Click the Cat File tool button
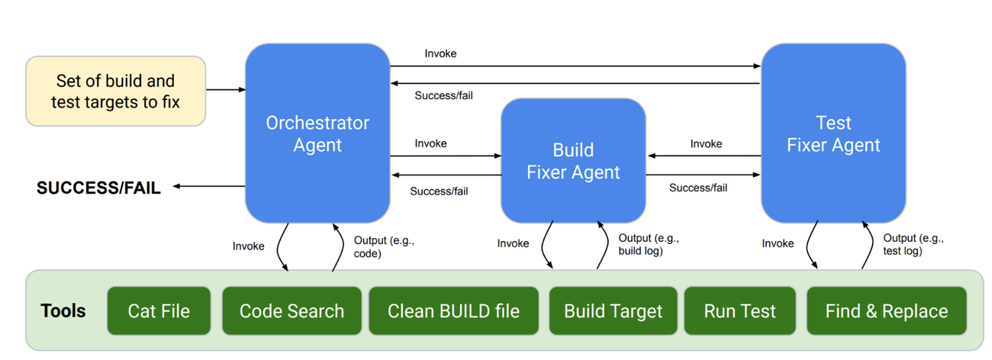coord(159,311)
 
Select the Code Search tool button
coord(291,311)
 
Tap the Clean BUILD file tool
coord(453,311)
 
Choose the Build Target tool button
coord(613,311)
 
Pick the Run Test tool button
coord(739,311)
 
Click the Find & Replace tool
coord(886,311)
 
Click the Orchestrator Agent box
coord(317,133)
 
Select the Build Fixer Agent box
coord(573,161)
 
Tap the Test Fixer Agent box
coord(833,133)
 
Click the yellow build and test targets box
coord(115,91)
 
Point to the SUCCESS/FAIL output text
coord(98,188)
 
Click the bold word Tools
coord(63,311)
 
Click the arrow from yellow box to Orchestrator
coord(225,90)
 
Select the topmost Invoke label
coord(440,53)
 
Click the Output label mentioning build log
coord(648,244)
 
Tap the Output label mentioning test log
coord(913,244)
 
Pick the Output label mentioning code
coord(383,246)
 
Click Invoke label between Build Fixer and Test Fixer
coord(706,143)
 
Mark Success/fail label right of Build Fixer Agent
coord(697,187)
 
